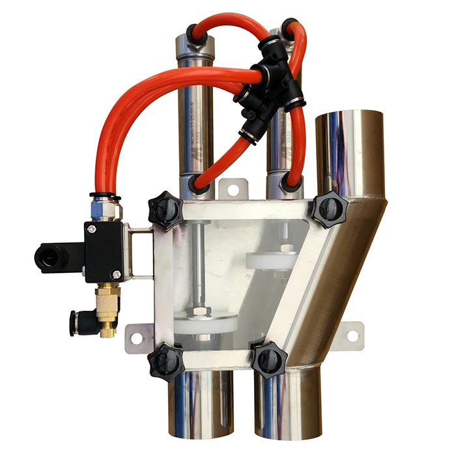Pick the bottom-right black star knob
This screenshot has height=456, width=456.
coord(268,358)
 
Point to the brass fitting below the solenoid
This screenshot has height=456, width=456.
coord(105,306)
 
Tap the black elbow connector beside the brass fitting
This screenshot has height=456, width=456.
coord(79,321)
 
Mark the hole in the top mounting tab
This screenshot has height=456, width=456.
coord(230,188)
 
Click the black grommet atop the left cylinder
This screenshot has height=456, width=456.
coord(192,31)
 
